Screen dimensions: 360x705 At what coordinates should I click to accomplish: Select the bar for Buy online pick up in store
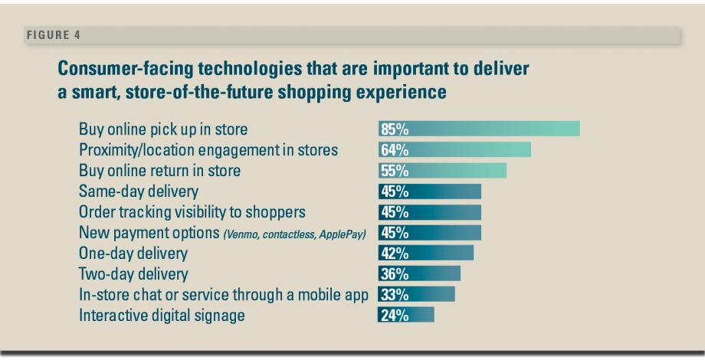click(x=479, y=129)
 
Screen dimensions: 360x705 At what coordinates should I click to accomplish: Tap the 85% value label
click(x=394, y=129)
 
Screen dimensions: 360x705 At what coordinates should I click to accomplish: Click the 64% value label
click(x=394, y=149)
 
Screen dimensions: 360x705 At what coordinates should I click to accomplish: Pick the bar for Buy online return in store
click(x=442, y=170)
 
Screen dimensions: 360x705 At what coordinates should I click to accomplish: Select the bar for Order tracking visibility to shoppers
click(x=429, y=211)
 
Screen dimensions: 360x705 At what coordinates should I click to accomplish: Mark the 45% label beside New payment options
click(x=394, y=232)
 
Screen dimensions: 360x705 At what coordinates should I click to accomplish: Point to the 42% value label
click(x=394, y=253)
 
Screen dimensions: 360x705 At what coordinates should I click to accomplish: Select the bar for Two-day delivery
click(x=419, y=273)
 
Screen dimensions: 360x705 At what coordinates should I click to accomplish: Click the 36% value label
click(x=394, y=273)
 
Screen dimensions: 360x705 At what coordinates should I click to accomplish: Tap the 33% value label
click(x=394, y=294)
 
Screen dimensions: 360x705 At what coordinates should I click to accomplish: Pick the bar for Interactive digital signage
click(x=406, y=315)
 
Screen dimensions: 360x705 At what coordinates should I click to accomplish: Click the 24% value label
click(x=394, y=315)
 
